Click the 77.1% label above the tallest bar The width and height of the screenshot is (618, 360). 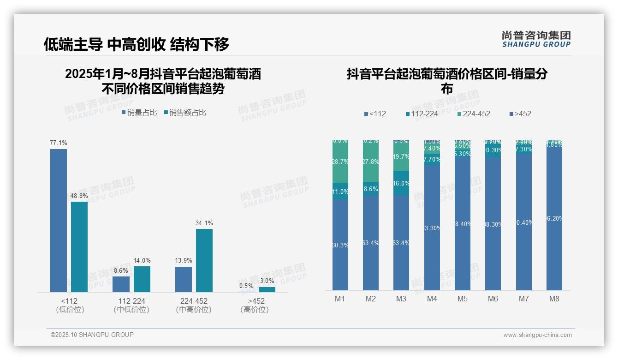59,143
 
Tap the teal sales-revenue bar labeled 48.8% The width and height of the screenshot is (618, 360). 79,246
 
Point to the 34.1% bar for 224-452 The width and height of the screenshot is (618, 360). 204,260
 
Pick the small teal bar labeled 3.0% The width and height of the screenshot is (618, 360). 267,289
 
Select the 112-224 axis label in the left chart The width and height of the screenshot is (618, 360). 131,301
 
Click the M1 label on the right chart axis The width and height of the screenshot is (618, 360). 340,299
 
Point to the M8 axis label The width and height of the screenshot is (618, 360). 554,299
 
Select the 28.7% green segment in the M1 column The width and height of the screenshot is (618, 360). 340,162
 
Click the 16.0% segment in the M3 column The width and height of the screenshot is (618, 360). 401,183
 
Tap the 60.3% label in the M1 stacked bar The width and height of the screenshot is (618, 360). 340,246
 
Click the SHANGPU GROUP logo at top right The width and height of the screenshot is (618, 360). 536,39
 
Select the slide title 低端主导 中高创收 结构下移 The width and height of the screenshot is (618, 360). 137,44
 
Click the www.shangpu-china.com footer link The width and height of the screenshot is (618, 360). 537,335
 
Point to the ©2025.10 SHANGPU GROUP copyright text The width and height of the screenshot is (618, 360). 92,335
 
